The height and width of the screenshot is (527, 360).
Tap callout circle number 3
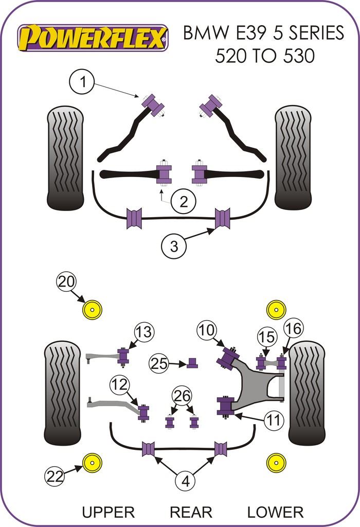173,247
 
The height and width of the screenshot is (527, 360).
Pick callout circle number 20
67,282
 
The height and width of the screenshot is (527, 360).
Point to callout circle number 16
293,328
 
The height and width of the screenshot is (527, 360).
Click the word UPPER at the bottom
108,512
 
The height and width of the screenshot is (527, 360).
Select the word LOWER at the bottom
275,512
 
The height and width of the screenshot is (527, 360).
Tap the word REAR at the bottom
191,512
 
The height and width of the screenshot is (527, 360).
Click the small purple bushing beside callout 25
192,363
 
